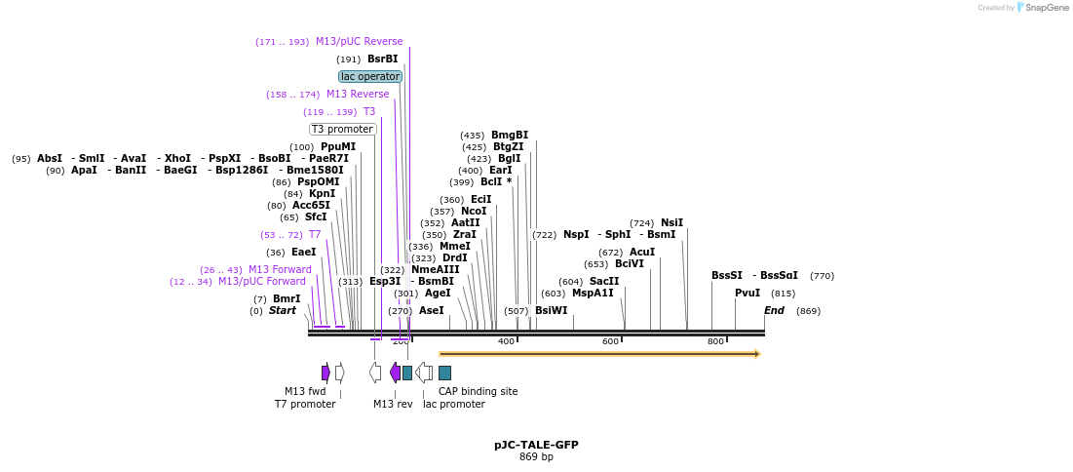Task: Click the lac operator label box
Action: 370,76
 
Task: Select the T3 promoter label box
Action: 343,129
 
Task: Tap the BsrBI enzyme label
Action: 382,59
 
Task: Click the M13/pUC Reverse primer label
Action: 359,41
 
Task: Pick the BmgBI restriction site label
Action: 510,135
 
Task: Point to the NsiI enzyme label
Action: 671,222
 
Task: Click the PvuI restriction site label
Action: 747,293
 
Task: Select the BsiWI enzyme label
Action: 551,310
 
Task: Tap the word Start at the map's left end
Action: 283,310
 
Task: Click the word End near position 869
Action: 774,310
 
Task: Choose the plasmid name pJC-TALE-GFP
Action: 536,445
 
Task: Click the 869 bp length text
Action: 536,456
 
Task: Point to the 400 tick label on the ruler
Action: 506,341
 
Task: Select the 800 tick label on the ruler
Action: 715,341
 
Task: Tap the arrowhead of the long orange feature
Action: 755,354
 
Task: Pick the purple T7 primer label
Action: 315,234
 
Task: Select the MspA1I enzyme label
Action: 593,293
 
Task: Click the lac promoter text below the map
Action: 453,404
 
